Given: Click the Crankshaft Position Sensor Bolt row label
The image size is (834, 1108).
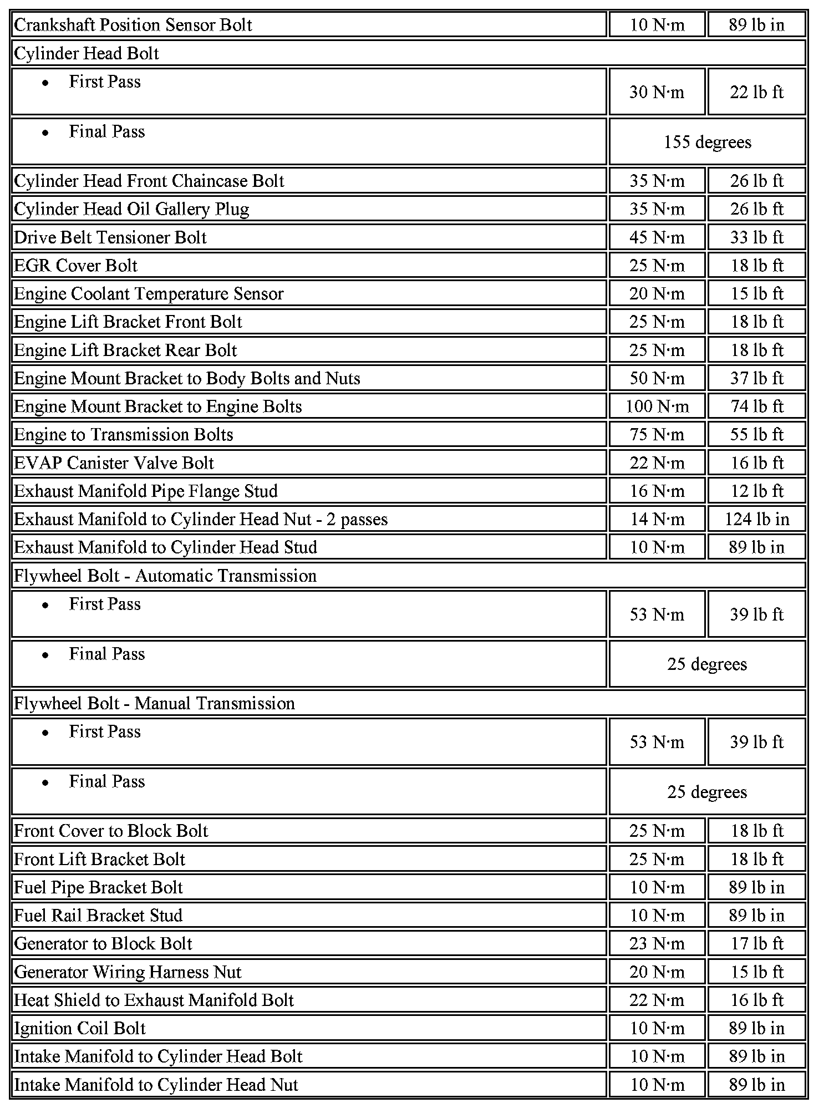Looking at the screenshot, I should click(x=133, y=25).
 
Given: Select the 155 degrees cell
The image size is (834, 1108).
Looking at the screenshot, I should click(x=707, y=142).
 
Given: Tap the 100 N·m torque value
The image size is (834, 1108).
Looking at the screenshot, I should click(x=657, y=406).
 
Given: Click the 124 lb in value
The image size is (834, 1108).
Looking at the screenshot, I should click(x=756, y=519).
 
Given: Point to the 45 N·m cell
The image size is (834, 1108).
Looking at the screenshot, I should click(x=657, y=237).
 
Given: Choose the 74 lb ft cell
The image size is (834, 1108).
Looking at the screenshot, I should click(x=756, y=406).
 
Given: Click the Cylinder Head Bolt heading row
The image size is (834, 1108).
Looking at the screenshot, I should click(x=87, y=53).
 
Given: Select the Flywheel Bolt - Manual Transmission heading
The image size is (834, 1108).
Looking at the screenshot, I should click(x=154, y=703).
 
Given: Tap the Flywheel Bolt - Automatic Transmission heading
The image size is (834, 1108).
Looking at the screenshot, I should click(x=165, y=576).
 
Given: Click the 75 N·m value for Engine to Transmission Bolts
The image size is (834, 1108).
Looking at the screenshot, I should click(x=657, y=434).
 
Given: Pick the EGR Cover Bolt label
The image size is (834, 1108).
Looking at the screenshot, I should click(x=75, y=266).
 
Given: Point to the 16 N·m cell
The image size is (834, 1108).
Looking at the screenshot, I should click(x=657, y=491).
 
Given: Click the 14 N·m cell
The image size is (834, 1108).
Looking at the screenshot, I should click(x=657, y=519).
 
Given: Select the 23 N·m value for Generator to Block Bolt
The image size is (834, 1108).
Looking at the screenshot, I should click(x=657, y=943).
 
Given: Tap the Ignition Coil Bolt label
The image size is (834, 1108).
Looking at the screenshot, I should click(x=79, y=1028).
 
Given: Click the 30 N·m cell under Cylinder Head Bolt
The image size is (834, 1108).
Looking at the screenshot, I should click(x=657, y=92).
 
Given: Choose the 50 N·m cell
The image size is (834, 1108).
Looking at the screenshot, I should click(x=657, y=378).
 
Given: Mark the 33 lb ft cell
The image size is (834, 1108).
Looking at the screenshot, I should click(x=756, y=237).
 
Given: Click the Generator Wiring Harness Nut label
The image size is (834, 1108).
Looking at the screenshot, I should click(x=128, y=972).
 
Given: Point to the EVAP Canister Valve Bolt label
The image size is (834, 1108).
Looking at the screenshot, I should click(x=114, y=463).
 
